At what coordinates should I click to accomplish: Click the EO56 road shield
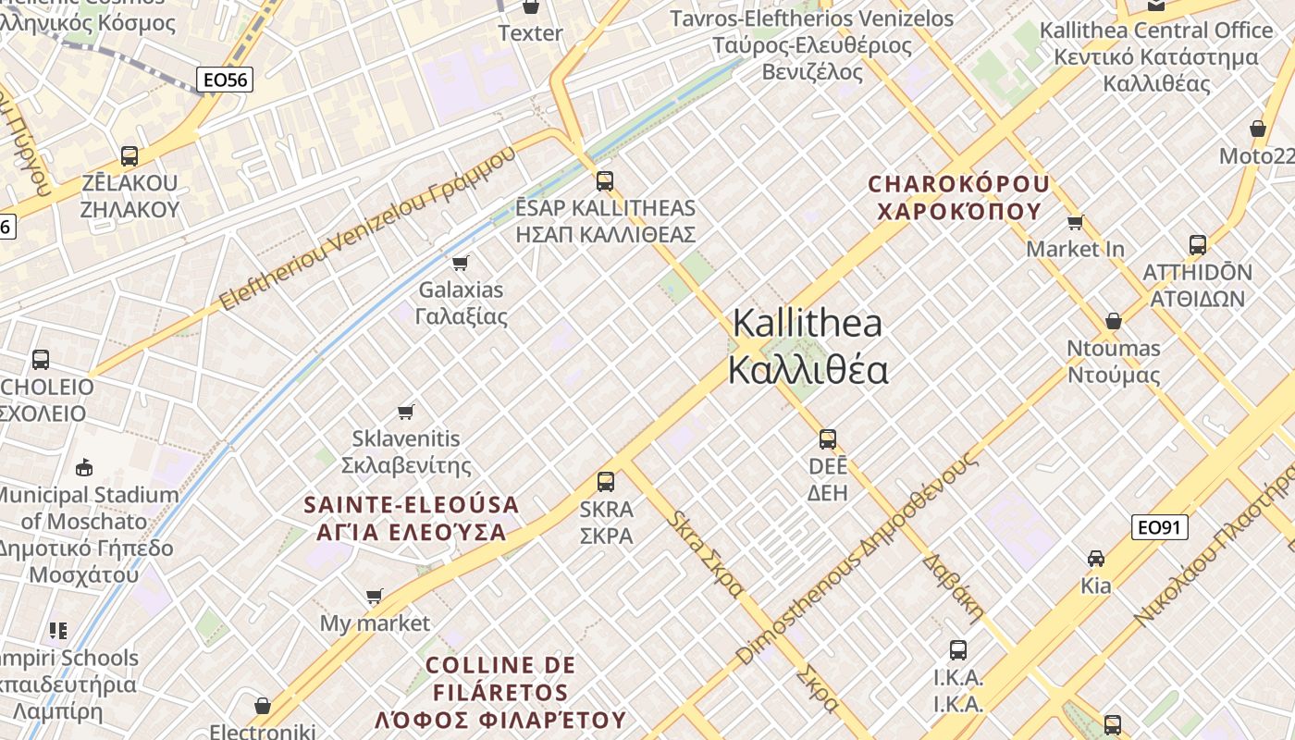[226, 80]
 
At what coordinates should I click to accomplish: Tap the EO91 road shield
[1159, 527]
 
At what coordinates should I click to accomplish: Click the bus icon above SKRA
[606, 481]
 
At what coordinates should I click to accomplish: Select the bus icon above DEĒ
[828, 438]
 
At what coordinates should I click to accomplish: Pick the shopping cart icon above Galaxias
[461, 263]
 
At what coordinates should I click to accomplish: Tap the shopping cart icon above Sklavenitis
[405, 412]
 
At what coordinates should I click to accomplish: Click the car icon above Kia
[1096, 558]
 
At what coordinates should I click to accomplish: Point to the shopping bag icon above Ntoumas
[1114, 321]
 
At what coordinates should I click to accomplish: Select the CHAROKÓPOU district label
[959, 197]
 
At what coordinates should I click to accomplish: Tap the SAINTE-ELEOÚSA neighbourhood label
[412, 518]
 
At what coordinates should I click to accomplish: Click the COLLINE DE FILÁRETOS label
[500, 692]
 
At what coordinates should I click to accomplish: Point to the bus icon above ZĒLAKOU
[129, 155]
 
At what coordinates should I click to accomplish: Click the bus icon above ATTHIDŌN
[1198, 245]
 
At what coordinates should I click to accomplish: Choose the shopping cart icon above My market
[375, 596]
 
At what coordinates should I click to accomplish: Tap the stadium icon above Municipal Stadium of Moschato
[84, 466]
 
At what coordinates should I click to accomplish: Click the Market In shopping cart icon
[1076, 222]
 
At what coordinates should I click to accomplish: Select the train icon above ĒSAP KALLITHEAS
[605, 180]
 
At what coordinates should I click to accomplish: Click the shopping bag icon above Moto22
[1257, 129]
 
